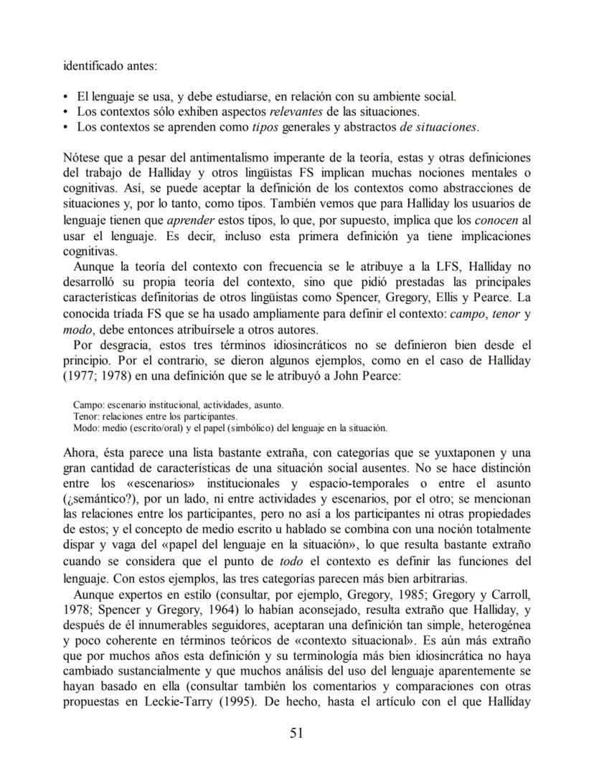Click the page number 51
coord(297,732)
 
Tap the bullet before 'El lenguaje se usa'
coord(67,96)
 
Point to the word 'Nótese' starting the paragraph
coord(80,157)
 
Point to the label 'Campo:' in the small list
coord(88,404)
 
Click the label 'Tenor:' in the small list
coord(87,416)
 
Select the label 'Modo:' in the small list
coord(87,427)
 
